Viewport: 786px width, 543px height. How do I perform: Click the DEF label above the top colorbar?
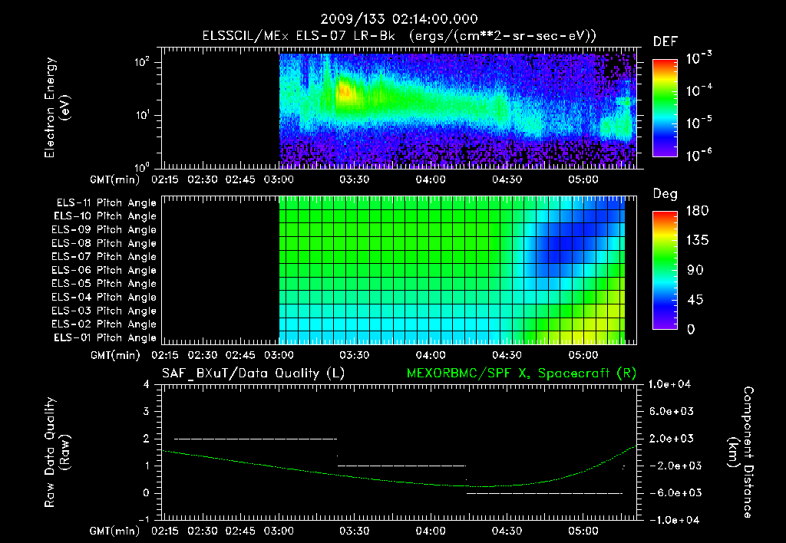665,41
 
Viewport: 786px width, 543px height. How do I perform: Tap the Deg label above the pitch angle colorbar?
665,194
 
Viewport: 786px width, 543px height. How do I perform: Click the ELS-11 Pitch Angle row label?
105,203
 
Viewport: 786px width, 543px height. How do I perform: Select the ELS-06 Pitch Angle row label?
105,270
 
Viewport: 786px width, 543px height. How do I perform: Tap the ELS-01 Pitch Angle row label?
105,337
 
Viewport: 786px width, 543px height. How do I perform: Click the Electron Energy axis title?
57,107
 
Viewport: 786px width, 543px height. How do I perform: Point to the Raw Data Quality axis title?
57,452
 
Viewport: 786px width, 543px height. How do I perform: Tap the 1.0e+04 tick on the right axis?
671,384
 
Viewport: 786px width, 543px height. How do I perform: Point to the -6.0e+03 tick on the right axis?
671,492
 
